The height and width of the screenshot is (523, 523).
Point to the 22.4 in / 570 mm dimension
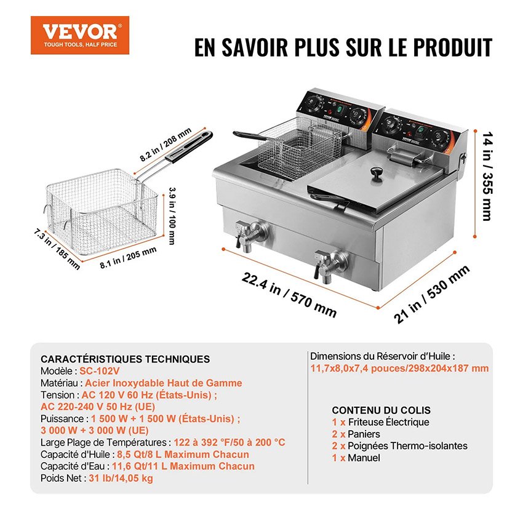tap(289, 295)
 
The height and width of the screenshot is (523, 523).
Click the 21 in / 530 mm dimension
tap(431, 295)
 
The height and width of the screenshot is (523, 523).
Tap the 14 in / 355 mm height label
tap(488, 176)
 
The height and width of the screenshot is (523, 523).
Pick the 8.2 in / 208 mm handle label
tap(166, 144)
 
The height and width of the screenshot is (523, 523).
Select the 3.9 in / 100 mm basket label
tap(172, 216)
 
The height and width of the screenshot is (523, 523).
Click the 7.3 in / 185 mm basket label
tap(57, 249)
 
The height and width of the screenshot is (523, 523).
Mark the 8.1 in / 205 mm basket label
tap(128, 257)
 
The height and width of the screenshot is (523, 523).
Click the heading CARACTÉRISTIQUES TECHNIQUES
tap(125, 359)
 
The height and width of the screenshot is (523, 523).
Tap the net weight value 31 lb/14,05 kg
tap(121, 478)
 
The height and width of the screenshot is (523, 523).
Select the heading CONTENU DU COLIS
tap(381, 410)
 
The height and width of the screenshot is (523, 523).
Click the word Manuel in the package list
tap(364, 458)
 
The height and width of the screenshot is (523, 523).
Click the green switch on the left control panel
tap(340, 109)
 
